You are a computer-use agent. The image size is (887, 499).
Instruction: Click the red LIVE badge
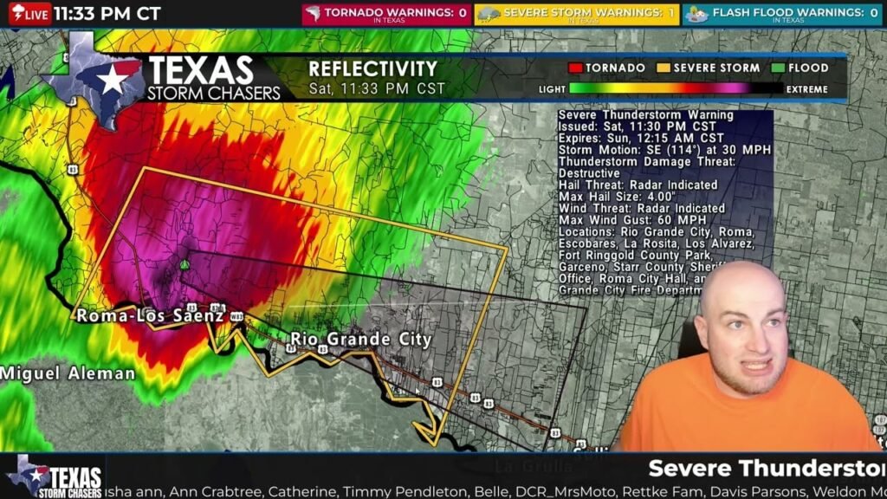tap(29, 13)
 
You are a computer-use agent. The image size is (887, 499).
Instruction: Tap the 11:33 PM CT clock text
tap(107, 13)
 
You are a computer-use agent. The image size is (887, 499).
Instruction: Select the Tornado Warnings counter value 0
tap(463, 13)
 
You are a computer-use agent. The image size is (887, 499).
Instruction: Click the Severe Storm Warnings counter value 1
tap(671, 13)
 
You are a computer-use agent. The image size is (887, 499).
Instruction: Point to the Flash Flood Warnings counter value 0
tap(873, 13)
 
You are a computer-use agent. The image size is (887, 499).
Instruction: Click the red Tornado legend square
tap(574, 68)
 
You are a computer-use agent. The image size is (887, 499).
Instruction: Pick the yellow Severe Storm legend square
tap(664, 68)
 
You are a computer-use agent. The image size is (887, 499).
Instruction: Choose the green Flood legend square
tap(779, 68)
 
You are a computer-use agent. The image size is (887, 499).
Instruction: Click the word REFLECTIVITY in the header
tap(373, 68)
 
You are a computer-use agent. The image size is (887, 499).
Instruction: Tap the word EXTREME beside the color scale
tap(806, 89)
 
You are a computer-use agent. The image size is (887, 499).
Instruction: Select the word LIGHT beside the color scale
tap(552, 89)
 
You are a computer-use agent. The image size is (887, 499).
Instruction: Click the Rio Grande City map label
tap(360, 339)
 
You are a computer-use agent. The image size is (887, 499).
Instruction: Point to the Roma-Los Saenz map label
tap(150, 316)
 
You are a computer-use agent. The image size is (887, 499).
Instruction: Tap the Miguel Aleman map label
tap(68, 373)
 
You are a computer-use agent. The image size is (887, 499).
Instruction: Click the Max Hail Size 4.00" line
tap(615, 197)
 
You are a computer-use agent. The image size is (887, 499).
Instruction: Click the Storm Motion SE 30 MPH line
tap(664, 150)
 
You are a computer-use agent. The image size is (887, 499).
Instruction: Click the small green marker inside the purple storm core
tap(185, 264)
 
